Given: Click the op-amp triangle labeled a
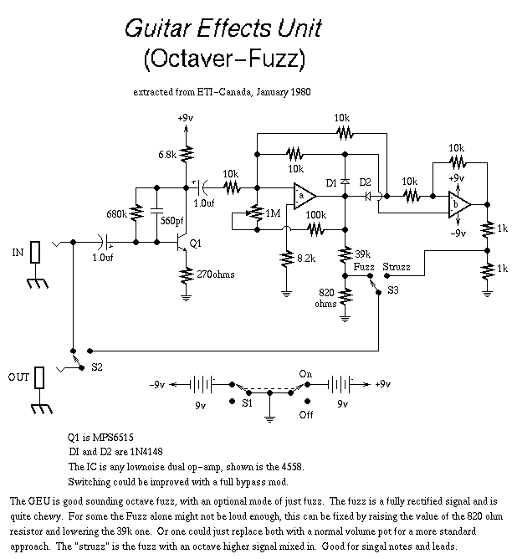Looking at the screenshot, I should click(x=303, y=197).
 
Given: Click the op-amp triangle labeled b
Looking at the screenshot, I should click(x=457, y=203).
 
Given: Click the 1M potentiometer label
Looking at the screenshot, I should click(x=272, y=214).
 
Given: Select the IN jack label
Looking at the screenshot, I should click(x=16, y=251).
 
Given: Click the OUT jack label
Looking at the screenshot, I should click(x=18, y=377).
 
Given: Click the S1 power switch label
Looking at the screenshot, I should click(x=246, y=402).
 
